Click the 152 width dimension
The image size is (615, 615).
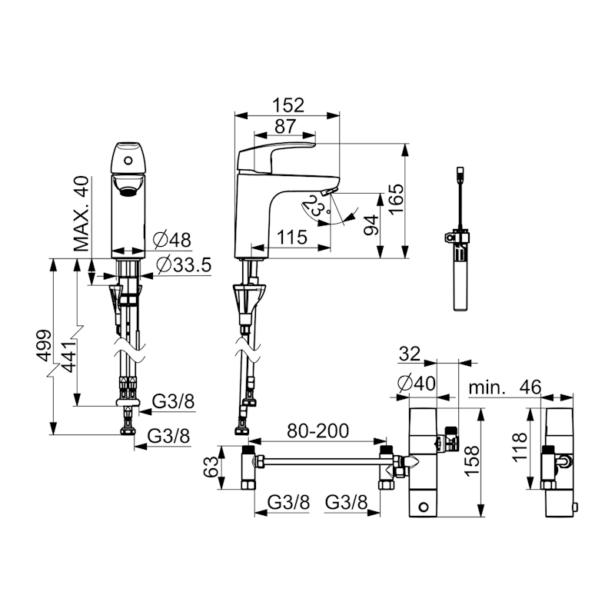tap(288, 105)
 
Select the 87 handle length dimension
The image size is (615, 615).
tap(284, 126)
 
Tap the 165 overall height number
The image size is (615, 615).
tap(397, 198)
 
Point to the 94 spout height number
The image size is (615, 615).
tap(371, 224)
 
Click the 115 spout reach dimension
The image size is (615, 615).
tap(292, 238)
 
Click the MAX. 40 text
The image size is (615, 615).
tap(82, 214)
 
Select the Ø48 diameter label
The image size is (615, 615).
tap(172, 240)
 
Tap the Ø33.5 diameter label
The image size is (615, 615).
tap(184, 265)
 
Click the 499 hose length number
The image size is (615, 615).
tap(43, 346)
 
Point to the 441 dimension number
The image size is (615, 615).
tap(68, 357)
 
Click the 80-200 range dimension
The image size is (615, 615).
tap(317, 430)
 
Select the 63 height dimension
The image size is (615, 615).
tap(211, 467)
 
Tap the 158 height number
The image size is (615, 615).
tap(472, 460)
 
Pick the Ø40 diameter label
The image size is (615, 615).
tap(416, 383)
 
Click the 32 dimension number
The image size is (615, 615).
tap(410, 354)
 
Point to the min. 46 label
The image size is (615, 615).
tap(505, 387)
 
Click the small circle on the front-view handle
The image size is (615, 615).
tap(128, 160)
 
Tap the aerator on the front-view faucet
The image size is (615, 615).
tap(128, 191)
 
